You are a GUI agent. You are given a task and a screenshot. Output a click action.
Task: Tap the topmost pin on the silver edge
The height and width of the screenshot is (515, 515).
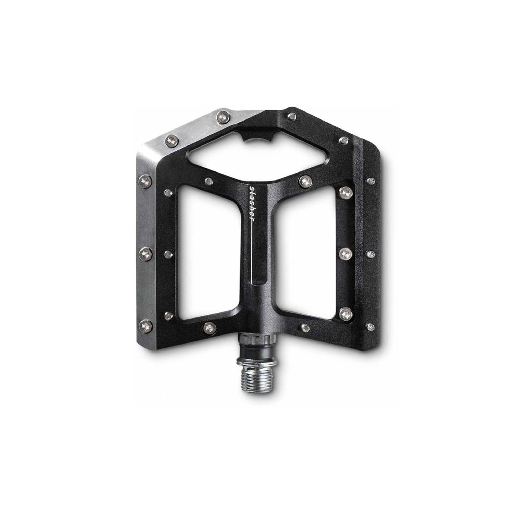pos(221,116)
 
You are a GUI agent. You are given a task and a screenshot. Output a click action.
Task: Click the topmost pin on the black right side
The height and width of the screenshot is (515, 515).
pos(293,115)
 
